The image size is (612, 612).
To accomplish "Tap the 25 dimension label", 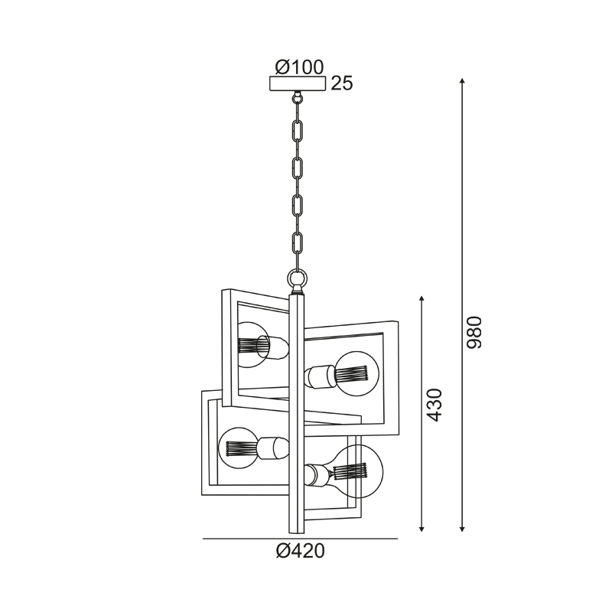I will (x=342, y=84).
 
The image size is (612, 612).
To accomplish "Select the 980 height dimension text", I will (x=474, y=332).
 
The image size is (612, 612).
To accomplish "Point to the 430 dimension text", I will (x=435, y=405).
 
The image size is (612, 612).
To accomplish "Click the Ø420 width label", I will (x=300, y=551).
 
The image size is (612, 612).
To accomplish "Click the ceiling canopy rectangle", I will (x=298, y=84).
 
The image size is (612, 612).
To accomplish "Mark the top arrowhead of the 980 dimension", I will (x=462, y=81).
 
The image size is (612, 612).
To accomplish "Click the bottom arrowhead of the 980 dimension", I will (x=462, y=527).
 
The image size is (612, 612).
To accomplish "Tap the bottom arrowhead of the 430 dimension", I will (x=422, y=527).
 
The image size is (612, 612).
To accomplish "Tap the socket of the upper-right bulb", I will (x=317, y=376).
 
